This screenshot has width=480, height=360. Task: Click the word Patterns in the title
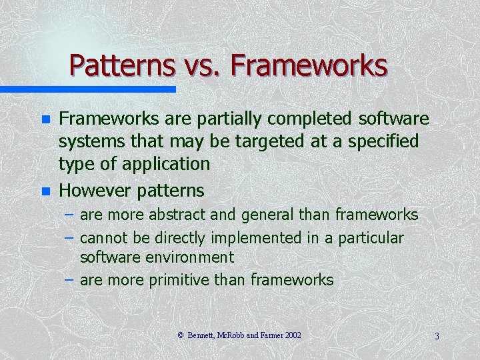tap(120, 65)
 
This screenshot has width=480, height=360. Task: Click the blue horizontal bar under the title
tap(87, 89)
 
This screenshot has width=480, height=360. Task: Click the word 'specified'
tap(381, 141)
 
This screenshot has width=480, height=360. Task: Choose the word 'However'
tap(95, 191)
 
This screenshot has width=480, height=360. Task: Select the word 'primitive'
tap(179, 280)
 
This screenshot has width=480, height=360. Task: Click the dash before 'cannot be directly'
tap(70, 238)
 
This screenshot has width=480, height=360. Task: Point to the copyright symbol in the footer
tap(180, 335)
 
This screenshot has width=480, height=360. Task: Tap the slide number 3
tap(436, 336)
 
